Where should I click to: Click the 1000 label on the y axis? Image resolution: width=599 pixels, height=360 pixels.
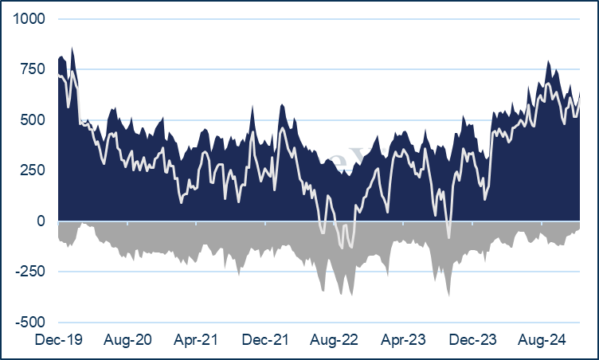coord(29,18)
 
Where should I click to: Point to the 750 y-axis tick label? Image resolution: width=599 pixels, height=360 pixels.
coord(33,69)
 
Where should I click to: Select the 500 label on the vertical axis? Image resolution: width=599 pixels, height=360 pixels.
coord(33,120)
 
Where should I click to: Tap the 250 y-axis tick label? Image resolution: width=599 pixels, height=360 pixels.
coord(33,170)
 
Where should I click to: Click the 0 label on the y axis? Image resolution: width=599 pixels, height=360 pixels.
coord(41,221)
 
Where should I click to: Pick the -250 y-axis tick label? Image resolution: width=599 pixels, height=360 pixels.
coord(30,272)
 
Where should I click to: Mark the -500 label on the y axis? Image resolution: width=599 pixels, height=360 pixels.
coord(30,322)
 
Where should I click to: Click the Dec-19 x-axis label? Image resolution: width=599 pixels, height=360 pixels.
coord(58,339)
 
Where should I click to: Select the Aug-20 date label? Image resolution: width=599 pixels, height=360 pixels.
coord(127,339)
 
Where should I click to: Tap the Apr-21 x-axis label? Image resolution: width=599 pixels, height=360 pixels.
coord(196,339)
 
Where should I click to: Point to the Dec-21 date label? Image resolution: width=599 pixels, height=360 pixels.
coord(265,339)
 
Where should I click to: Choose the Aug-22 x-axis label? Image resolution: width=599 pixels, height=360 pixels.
coord(335,339)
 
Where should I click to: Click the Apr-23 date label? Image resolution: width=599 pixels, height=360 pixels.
coord(403,339)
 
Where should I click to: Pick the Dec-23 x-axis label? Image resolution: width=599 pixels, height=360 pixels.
coord(472,339)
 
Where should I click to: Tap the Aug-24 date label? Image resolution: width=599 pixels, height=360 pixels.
coord(542,339)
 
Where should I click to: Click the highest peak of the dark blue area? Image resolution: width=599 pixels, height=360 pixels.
coord(72,48)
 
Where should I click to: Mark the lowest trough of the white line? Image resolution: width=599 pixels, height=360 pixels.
coord(342,248)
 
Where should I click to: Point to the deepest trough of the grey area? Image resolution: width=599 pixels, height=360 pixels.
coord(449,296)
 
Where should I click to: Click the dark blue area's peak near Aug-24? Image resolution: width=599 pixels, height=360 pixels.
coord(548,61)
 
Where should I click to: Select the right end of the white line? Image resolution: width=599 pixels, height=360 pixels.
coord(580,99)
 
